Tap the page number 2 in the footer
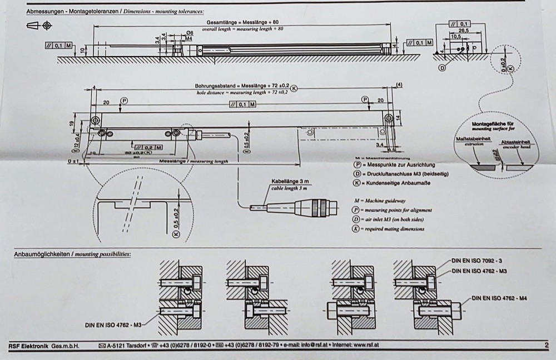click(547, 345)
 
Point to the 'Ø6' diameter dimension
click(190, 33)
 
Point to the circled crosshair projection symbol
click(47, 25)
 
